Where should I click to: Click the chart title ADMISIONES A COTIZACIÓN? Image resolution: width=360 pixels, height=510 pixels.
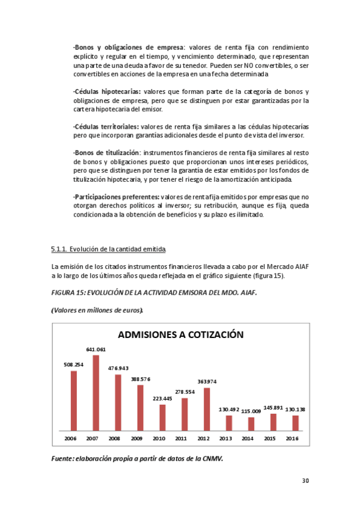(180, 335)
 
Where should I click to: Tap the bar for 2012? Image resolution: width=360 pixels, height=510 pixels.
(207, 410)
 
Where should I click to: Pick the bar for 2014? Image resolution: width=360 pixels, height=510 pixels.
(251, 424)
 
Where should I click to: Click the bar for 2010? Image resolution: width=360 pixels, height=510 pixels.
(162, 417)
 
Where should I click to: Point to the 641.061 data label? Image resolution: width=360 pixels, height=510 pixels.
(96, 349)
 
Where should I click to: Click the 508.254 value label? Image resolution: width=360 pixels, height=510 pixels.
(73, 364)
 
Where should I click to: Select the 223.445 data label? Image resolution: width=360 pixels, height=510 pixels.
(162, 398)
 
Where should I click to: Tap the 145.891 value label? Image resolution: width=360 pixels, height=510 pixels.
(273, 407)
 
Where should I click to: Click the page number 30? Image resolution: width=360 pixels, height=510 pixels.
(305, 481)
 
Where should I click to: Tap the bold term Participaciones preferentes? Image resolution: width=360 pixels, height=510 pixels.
(116, 197)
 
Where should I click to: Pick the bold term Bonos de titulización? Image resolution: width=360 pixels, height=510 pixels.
(106, 153)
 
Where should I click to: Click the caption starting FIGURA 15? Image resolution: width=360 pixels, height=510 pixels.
(158, 292)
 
